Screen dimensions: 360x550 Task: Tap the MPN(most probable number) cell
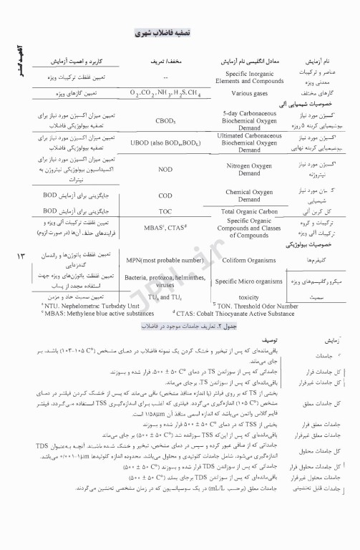click(165, 260)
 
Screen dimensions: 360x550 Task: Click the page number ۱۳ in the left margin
click(21, 256)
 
